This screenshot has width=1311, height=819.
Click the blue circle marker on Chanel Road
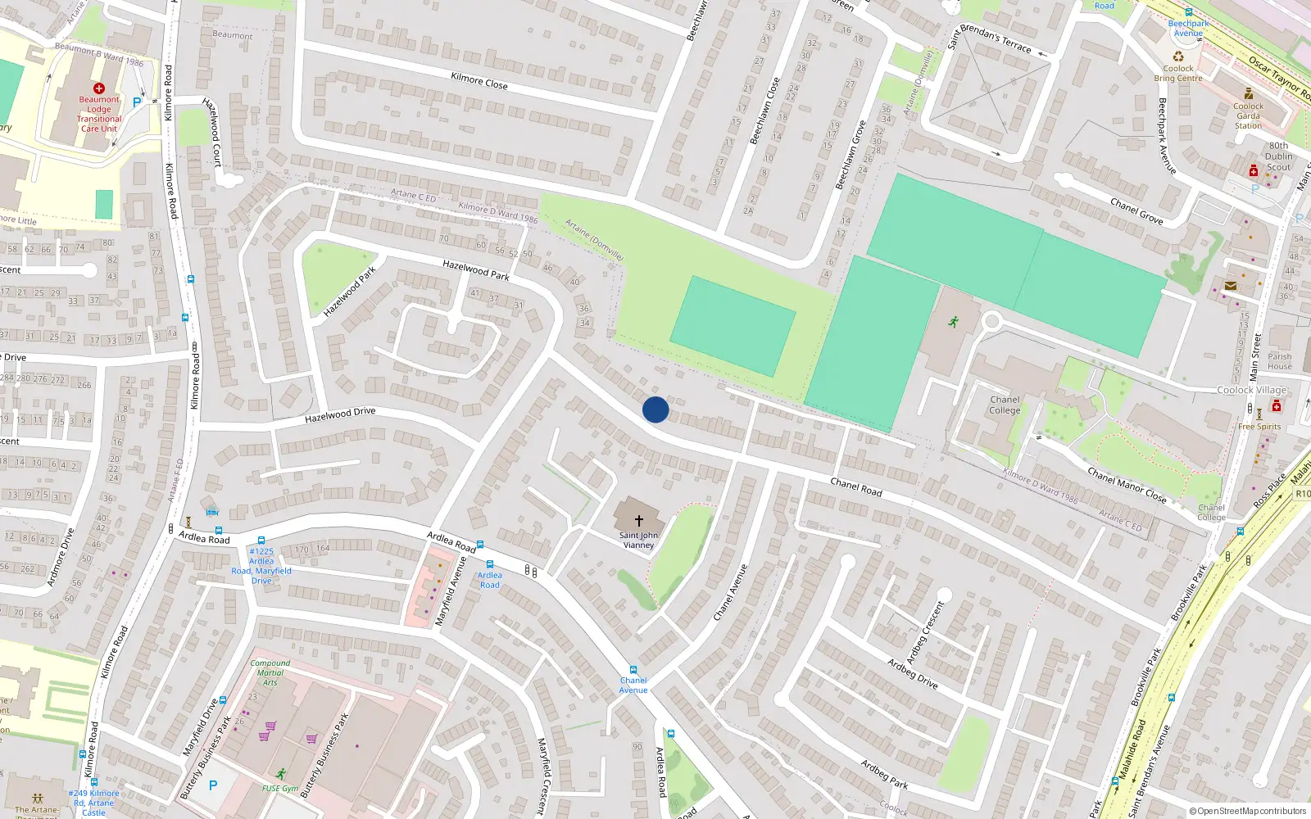655,409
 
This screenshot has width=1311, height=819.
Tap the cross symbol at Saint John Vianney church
639,520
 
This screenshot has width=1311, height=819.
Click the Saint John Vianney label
639,541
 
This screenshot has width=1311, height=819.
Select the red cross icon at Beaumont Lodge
99,88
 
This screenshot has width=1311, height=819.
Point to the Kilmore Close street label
479,80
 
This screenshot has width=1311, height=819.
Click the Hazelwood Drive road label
340,416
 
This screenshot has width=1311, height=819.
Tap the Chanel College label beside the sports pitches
1005,405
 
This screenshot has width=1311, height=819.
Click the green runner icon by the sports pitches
953,322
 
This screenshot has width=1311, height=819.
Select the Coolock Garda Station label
1248,115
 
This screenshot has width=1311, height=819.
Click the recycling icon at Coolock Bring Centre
1178,57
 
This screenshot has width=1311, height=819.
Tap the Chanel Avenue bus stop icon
633,670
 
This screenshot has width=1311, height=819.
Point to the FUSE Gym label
280,788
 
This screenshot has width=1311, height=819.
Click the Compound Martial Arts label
270,672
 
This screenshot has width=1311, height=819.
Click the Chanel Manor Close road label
1127,485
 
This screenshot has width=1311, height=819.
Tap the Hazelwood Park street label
349,292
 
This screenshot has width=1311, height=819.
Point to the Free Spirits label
1259,427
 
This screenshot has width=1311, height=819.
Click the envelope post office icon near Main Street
1231,286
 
